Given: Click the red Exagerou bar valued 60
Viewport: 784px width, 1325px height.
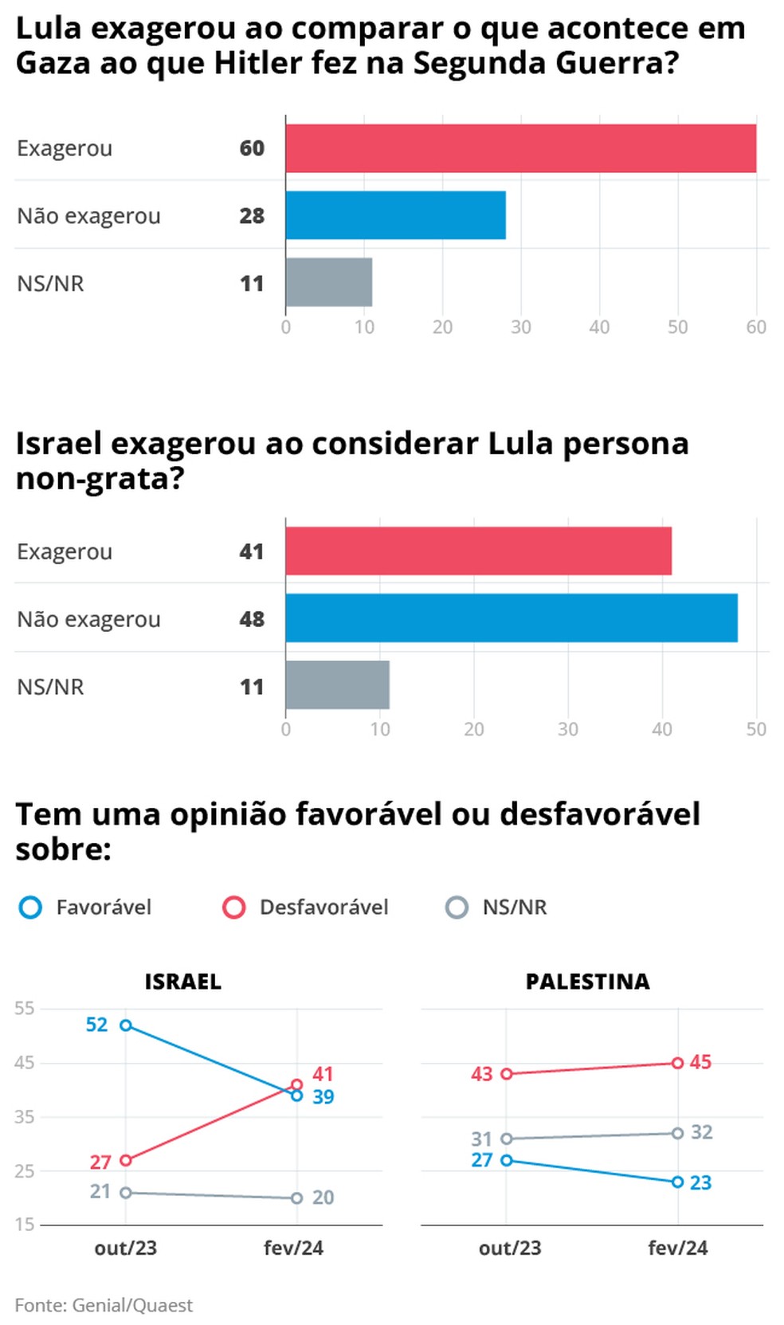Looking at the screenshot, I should pos(521,148).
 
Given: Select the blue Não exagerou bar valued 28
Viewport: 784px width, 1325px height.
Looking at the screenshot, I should pos(395,215).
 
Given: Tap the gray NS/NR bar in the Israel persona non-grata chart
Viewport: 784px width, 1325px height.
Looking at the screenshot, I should pos(338,685).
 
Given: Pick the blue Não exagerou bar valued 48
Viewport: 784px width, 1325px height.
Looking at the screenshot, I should pos(512,618).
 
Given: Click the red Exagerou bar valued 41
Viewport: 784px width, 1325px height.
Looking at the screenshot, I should pos(478,551).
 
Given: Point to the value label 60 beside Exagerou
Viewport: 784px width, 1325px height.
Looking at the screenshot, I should pos(252,148).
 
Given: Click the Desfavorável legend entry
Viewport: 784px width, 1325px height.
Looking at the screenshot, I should pos(306,908).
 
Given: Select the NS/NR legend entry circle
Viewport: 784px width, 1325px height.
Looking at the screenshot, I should pos(457,908).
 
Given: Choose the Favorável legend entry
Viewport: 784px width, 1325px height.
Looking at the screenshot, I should pos(85,908).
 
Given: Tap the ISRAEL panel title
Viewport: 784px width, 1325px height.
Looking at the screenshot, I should pos(182,982).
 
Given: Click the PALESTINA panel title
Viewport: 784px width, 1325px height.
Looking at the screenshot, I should pos(587,982).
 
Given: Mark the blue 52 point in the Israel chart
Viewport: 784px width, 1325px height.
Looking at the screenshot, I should pos(126,1025).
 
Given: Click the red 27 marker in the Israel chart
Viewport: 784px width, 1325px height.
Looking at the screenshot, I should pos(126,1161).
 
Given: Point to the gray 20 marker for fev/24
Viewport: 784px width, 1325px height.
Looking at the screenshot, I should pos(296,1198).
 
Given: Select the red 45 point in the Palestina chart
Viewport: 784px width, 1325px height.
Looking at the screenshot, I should pos(677,1063).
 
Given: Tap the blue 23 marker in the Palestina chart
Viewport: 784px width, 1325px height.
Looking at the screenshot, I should pos(677,1182).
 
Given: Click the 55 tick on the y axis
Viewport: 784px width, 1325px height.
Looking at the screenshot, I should pos(25,1009).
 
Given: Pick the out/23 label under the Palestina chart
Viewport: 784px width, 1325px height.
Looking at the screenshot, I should pos(510,1249).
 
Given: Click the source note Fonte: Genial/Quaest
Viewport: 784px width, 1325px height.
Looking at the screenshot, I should pos(104,1306).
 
